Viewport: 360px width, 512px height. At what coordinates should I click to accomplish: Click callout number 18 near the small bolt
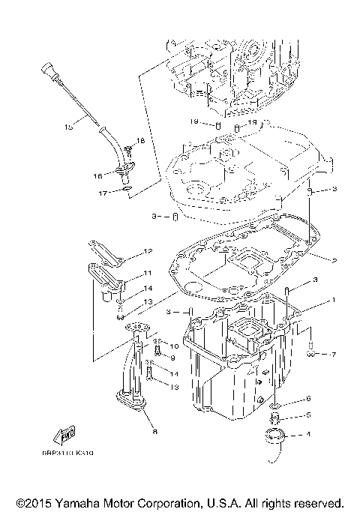tap(139, 141)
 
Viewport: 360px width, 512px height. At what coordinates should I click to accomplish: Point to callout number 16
tap(97, 176)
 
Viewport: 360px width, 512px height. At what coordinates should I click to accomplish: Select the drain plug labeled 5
tap(277, 416)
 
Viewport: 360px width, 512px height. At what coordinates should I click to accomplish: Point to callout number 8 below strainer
tap(154, 431)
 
